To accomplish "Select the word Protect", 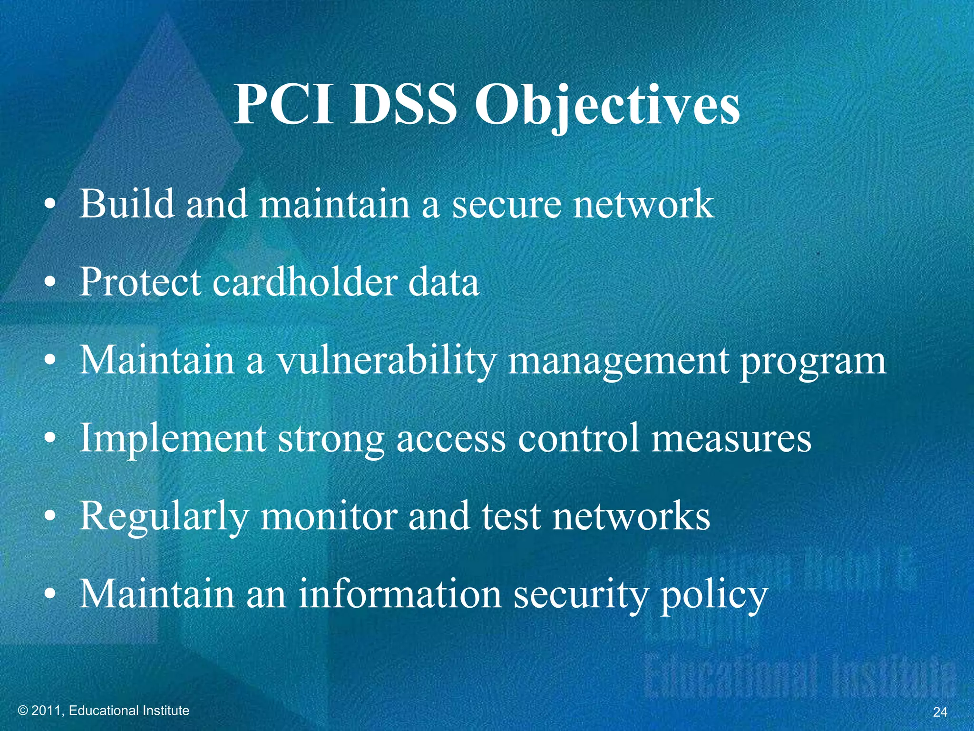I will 140,282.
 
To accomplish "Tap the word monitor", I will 328,517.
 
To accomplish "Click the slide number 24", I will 940,712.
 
